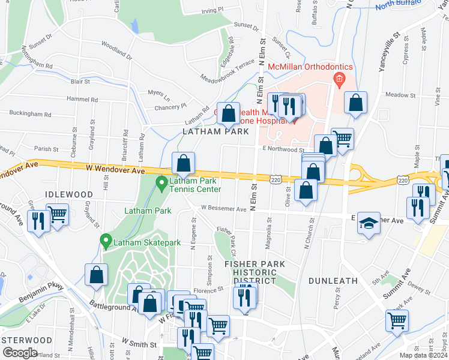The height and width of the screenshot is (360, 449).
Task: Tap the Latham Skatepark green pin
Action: (106, 242)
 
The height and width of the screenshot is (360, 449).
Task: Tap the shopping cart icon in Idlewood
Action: (58, 214)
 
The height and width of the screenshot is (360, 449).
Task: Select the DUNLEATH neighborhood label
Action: (333, 280)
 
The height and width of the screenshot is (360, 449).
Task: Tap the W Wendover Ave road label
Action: (115, 171)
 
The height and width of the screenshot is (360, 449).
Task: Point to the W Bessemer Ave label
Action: (223, 209)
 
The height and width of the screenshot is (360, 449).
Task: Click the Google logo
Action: (20, 353)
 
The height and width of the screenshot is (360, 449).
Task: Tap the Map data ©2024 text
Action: (423, 355)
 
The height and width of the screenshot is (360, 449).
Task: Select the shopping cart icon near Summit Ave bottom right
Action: (397, 321)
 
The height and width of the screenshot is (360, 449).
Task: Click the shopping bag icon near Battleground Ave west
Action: (97, 275)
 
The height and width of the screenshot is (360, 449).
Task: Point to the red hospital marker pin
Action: (340, 78)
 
